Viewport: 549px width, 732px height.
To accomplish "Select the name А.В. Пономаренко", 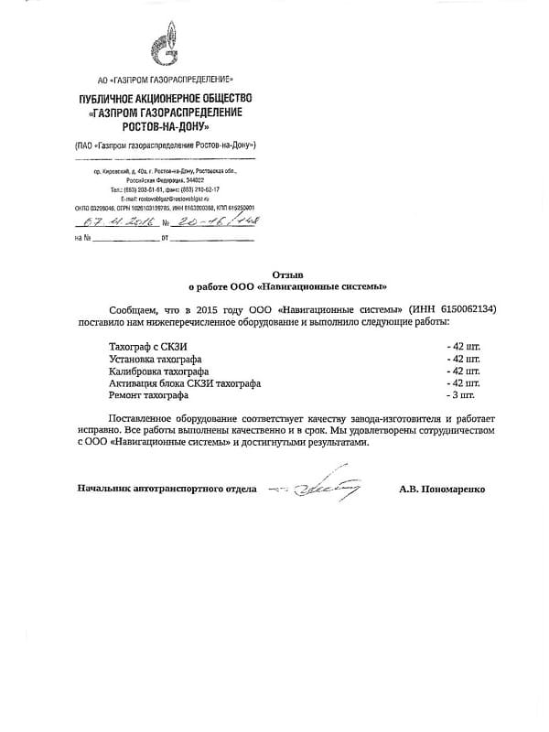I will click(x=442, y=490).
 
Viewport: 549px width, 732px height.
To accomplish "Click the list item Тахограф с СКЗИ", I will click(x=145, y=348).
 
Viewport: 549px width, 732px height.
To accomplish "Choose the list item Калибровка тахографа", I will click(x=158, y=371).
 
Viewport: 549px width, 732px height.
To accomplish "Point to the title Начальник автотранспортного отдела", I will click(x=167, y=490).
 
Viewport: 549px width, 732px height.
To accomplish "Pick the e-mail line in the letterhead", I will click(x=165, y=198).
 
